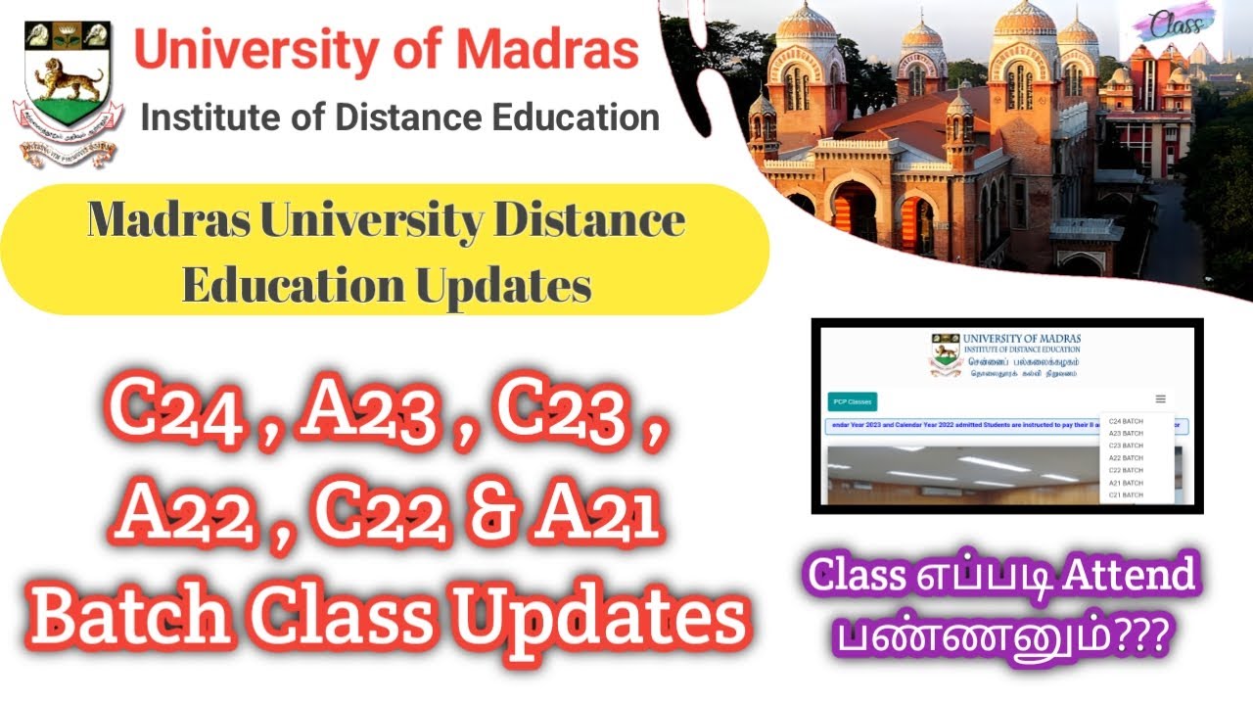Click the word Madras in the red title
click(x=536, y=50)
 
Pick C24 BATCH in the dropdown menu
click(x=1126, y=421)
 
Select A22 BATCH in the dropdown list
click(x=1126, y=458)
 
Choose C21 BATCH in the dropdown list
click(x=1126, y=495)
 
